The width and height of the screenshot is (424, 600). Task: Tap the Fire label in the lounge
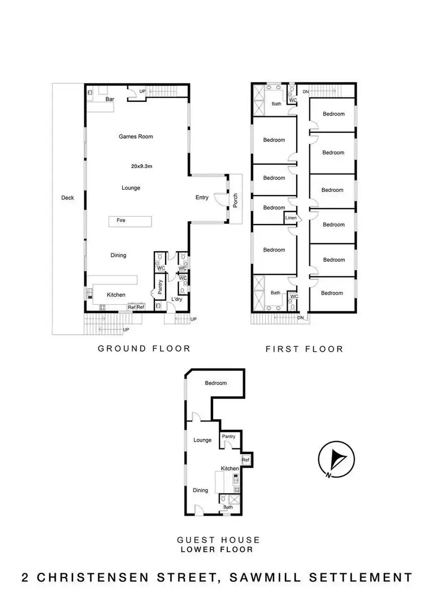pyautogui.click(x=121, y=221)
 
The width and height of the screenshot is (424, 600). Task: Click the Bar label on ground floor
pyautogui.click(x=111, y=99)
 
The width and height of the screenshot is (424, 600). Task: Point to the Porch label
pyautogui.click(x=236, y=199)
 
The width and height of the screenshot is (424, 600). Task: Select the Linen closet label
pyautogui.click(x=291, y=218)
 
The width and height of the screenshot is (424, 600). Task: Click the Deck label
pyautogui.click(x=68, y=198)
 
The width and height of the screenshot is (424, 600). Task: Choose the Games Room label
pyautogui.click(x=136, y=136)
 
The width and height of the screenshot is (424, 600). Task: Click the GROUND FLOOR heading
pyautogui.click(x=144, y=348)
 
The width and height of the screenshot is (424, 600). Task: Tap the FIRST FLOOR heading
pyautogui.click(x=304, y=349)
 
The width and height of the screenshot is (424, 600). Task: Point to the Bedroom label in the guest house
pyautogui.click(x=216, y=383)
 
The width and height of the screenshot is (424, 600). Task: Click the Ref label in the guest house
pyautogui.click(x=245, y=460)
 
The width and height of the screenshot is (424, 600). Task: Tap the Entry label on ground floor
pyautogui.click(x=202, y=197)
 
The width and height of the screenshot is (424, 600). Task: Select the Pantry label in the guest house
pyautogui.click(x=228, y=436)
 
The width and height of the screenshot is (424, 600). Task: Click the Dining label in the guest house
pyautogui.click(x=200, y=490)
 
